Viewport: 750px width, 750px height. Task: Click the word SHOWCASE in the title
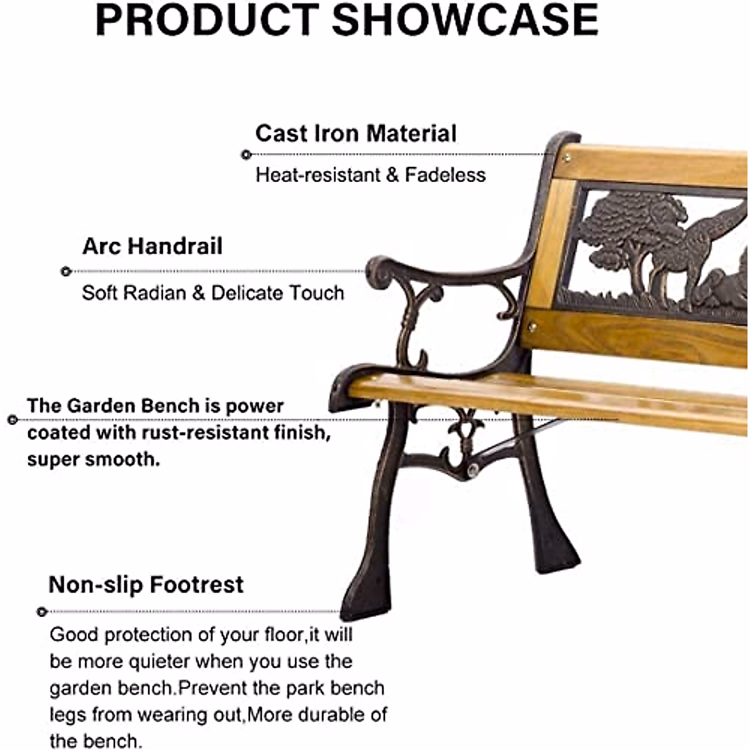pos(465,20)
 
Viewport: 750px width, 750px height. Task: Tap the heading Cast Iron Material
pos(356,134)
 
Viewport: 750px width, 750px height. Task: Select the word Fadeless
pos(445,175)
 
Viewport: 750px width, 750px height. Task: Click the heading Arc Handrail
pos(152,246)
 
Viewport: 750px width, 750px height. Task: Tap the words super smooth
pos(94,459)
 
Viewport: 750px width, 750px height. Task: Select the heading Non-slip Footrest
pos(146,585)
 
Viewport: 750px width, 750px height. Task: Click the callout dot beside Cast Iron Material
pos(246,154)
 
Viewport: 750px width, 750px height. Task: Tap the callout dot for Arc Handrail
pos(66,271)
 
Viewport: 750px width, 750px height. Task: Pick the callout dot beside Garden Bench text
pos(12,419)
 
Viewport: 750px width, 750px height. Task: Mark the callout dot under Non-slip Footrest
pos(42,611)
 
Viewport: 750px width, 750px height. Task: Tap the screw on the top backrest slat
pos(566,156)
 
